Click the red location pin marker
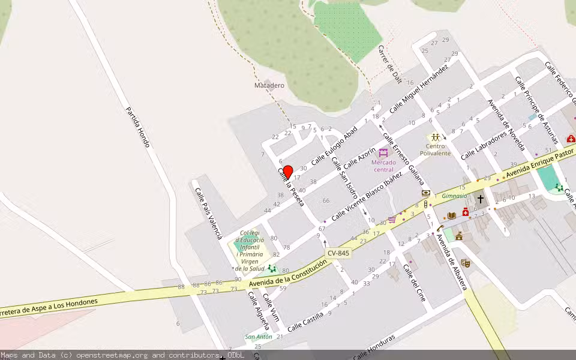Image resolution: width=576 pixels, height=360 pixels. [287, 172]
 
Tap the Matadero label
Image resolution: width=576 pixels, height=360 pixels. [269, 86]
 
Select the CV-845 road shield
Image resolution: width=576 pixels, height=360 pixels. [338, 254]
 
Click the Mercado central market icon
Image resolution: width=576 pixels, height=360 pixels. [383, 152]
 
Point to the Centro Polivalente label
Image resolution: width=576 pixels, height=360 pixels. [435, 149]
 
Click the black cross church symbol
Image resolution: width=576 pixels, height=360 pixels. [480, 198]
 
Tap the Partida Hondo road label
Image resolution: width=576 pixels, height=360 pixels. [137, 127]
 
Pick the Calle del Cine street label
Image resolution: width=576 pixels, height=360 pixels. [417, 283]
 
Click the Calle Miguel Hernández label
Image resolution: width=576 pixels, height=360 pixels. [419, 89]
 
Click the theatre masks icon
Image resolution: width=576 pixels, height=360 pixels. [465, 263]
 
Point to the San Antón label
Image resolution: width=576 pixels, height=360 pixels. [259, 337]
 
